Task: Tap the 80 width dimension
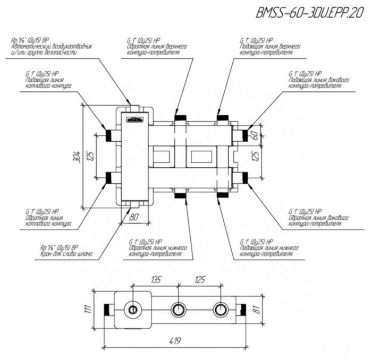tap(133, 217)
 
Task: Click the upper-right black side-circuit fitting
tap(244, 135)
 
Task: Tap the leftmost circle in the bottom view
tap(131, 309)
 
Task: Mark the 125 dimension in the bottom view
tap(199, 279)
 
